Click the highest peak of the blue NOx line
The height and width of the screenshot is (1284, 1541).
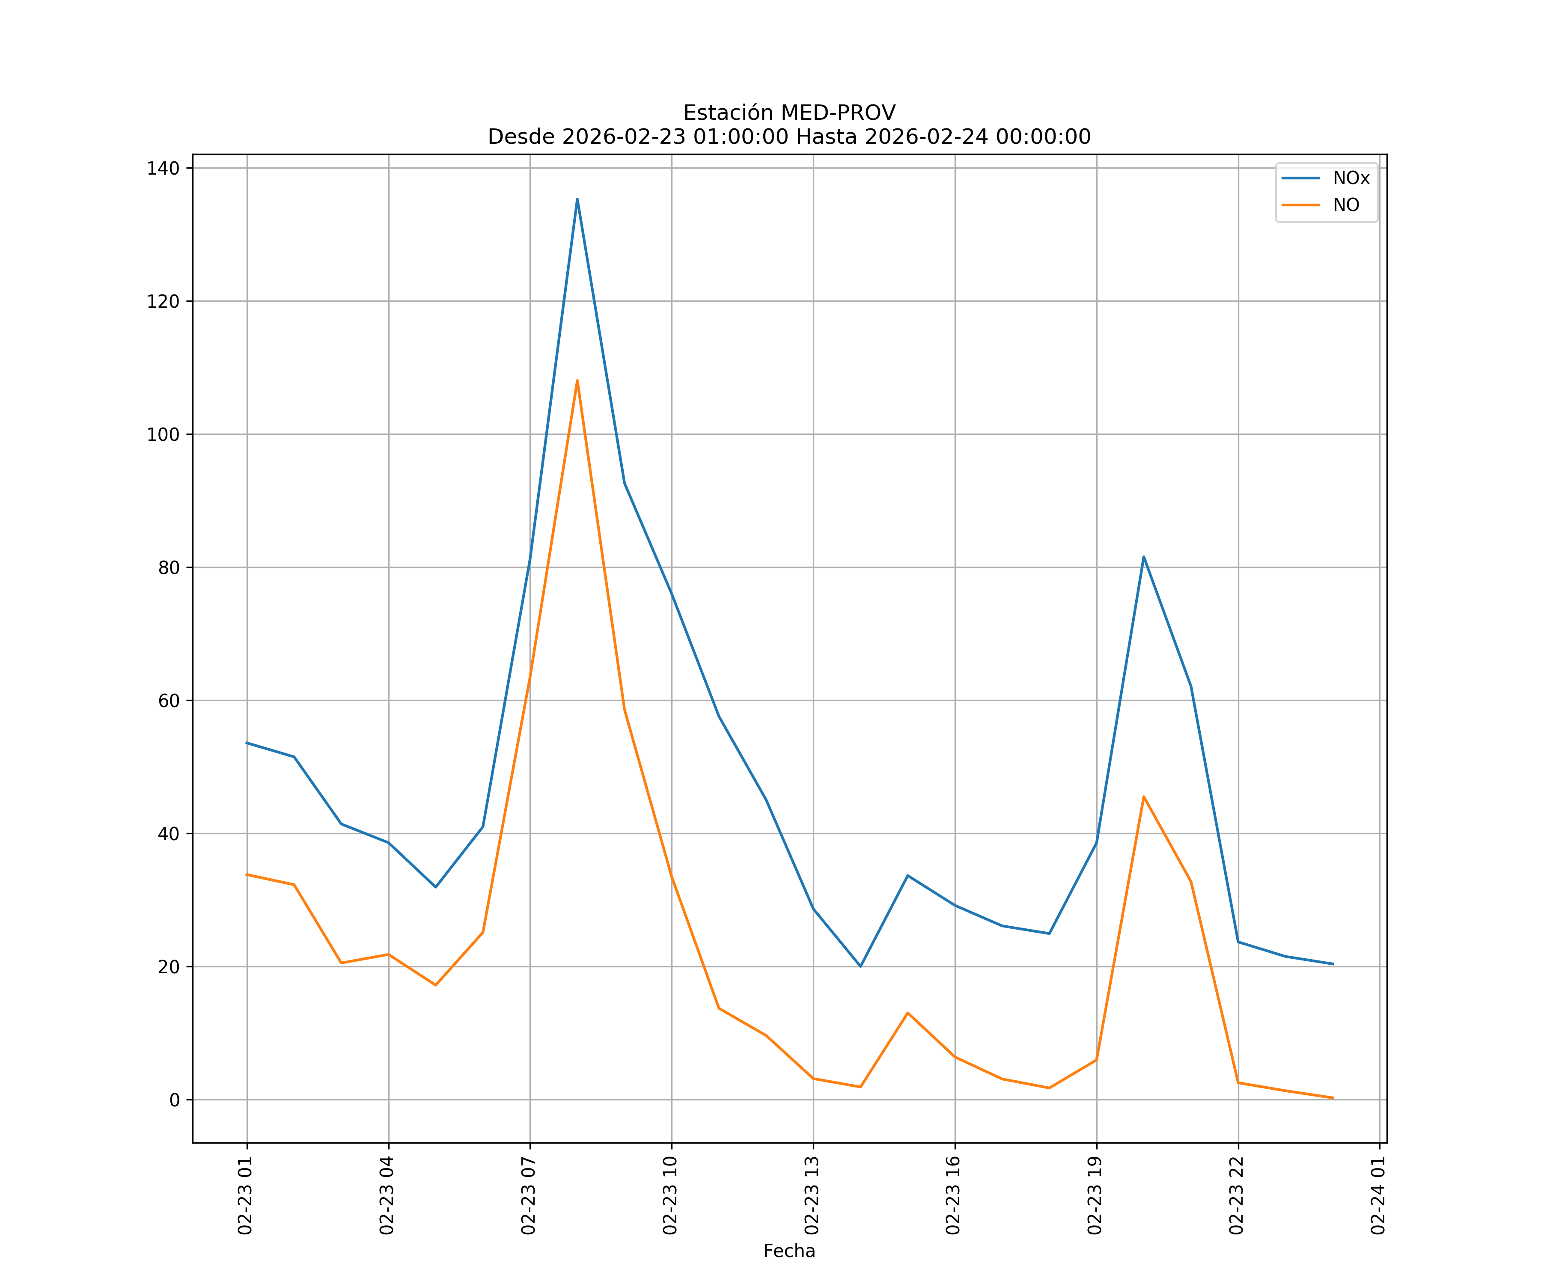tap(577, 199)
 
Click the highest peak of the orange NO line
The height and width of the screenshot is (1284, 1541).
tap(577, 380)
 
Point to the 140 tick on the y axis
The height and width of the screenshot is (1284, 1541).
tap(163, 168)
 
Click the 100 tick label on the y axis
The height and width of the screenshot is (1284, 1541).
tap(163, 434)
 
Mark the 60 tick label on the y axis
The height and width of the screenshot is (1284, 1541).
tap(168, 701)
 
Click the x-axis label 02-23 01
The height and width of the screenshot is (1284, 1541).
tap(245, 1195)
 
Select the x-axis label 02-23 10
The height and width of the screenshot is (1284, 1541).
tap(670, 1195)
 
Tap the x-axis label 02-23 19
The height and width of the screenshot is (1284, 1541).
tap(1095, 1195)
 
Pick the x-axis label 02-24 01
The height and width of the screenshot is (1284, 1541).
tap(1378, 1195)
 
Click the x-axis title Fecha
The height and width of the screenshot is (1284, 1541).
tap(789, 1251)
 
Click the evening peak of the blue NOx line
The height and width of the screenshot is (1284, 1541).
tap(1143, 557)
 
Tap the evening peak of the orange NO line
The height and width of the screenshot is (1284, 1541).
tap(1143, 797)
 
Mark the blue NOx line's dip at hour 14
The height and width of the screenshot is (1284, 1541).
tap(860, 966)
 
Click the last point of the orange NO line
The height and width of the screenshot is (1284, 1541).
tap(1333, 1098)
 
